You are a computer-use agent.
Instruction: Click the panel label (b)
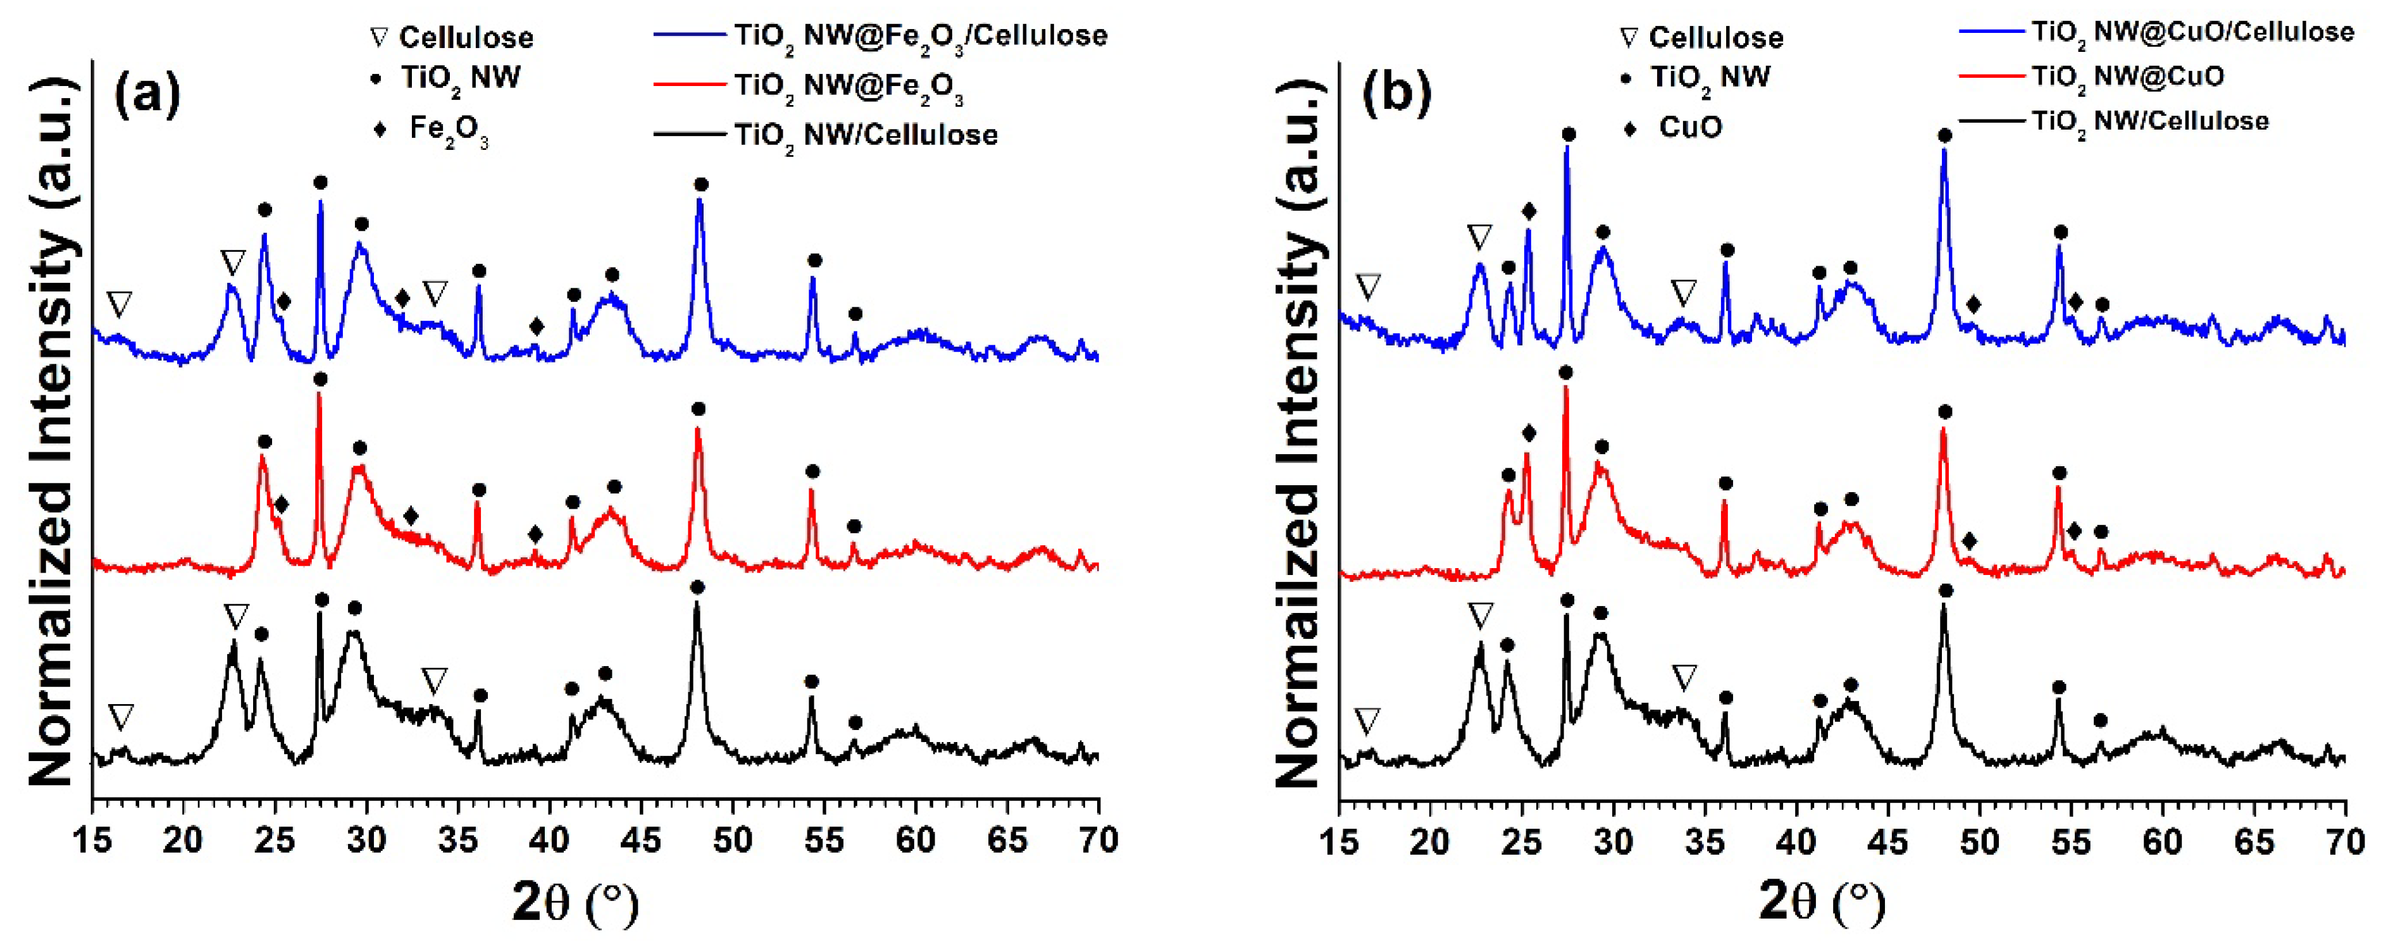1396,94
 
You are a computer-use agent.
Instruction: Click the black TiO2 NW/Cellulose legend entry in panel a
864,135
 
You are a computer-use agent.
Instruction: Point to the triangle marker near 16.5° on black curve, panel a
120,717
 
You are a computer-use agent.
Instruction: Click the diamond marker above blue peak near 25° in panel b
1529,211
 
